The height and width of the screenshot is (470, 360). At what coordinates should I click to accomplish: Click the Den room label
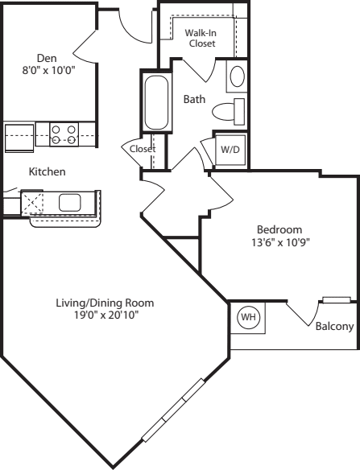[47, 58]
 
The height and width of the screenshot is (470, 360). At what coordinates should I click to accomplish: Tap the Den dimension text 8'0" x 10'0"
[48, 71]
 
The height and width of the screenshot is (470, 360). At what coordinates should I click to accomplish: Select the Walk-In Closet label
[201, 38]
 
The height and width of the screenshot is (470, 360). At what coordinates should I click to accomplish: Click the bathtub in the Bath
[156, 102]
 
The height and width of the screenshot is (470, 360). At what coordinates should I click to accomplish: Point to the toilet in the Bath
[229, 112]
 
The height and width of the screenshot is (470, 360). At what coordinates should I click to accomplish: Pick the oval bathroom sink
[237, 76]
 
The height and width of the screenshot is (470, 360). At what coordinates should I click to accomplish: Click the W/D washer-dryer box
[230, 150]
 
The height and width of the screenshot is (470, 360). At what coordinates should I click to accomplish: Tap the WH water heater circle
[248, 317]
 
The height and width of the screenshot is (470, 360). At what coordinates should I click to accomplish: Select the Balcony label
[334, 326]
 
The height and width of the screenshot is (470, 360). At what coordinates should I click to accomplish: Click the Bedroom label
[279, 229]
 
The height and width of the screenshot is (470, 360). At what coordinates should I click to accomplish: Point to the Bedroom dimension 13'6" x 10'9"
[280, 242]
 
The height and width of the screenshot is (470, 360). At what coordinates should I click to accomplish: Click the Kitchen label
[47, 171]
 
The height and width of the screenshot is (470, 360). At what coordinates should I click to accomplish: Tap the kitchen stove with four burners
[64, 134]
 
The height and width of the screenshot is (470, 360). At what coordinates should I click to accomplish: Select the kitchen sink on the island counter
[69, 203]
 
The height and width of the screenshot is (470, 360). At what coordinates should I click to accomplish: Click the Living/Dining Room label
[105, 303]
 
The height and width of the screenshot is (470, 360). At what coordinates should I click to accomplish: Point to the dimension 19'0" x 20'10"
[107, 315]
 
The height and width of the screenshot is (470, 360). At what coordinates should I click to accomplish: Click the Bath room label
[194, 99]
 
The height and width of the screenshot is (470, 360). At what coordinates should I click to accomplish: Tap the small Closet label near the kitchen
[143, 149]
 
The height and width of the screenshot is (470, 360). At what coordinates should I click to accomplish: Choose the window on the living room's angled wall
[173, 410]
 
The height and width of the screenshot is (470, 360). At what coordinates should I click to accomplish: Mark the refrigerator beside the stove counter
[19, 138]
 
